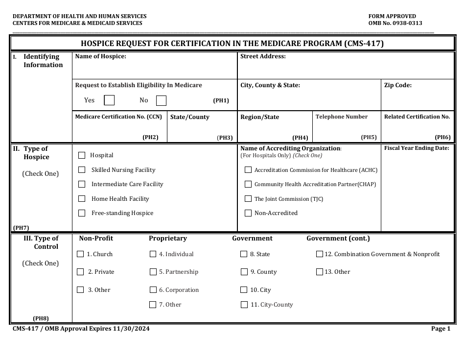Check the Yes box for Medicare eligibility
110,100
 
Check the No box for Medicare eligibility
161,100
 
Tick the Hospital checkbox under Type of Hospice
82,155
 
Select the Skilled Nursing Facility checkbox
82,170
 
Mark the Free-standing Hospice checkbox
82,213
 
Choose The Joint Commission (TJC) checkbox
248,199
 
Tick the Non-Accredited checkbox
248,213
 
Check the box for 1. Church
80,254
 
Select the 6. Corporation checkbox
153,290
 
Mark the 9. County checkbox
244,272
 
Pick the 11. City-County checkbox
244,305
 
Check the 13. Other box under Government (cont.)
320,272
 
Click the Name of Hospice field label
100,56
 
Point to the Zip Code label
397,85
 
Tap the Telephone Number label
341,117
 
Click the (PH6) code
442,138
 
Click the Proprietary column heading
167,239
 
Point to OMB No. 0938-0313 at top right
395,23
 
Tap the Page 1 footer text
441,329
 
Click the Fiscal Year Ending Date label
417,148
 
